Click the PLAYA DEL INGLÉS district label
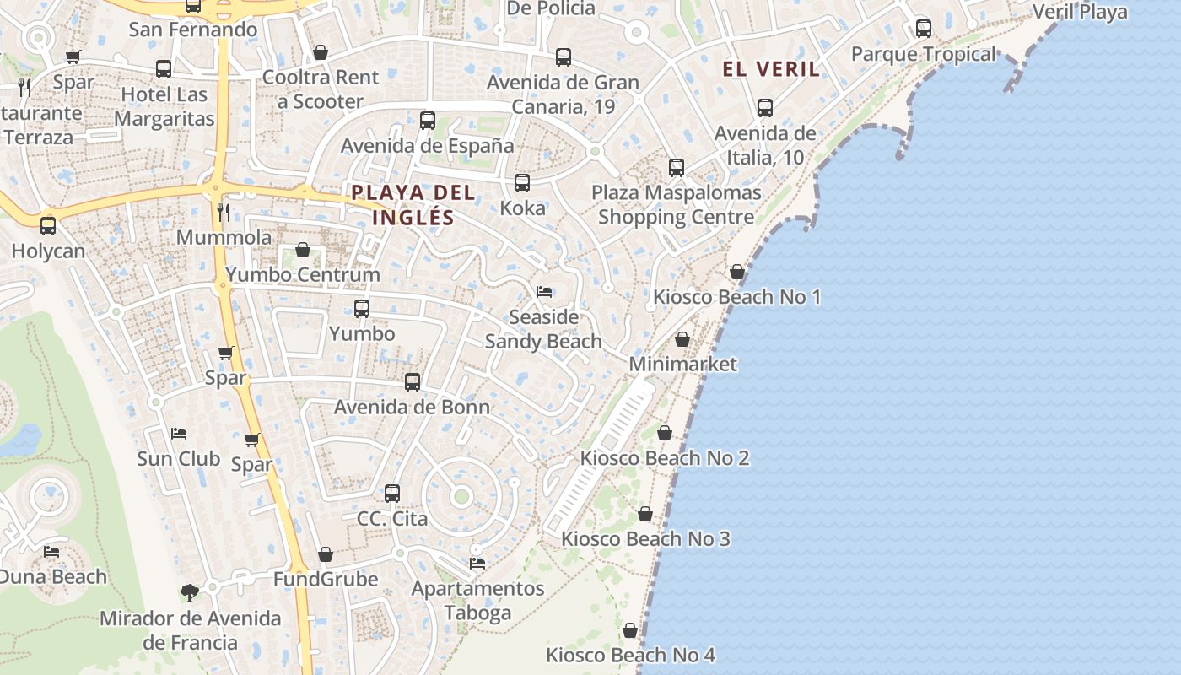[x=413, y=205]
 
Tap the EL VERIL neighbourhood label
[x=771, y=69]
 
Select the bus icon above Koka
[x=522, y=183]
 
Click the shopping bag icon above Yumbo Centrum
[x=303, y=250]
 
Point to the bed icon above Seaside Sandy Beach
[x=544, y=292]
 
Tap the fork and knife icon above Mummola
[x=224, y=212]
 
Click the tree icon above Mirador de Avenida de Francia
[x=190, y=592]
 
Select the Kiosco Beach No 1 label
[x=736, y=297]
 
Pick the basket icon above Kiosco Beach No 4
[x=630, y=630]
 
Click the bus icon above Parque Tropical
[x=924, y=29]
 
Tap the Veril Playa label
[x=1080, y=12]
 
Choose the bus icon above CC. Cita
[x=392, y=494]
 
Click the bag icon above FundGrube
[x=326, y=554]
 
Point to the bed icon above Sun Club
[x=179, y=434]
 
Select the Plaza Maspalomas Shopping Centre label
[x=676, y=204]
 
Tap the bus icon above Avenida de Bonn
[x=413, y=382]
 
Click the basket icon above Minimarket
[x=682, y=339]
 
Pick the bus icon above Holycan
[x=48, y=226]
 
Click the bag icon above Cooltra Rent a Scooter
[x=321, y=52]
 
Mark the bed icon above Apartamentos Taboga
[x=477, y=563]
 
